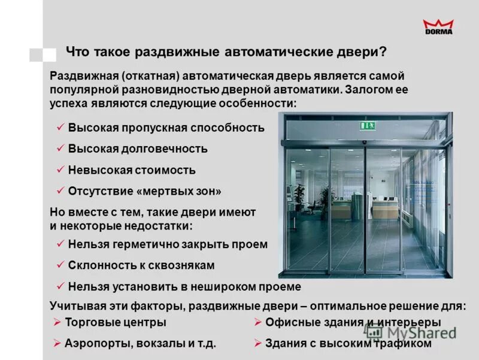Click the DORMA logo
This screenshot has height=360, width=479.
pos(438,26)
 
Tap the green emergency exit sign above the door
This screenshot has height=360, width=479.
pos(366,125)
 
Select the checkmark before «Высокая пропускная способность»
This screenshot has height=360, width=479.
pos(60,128)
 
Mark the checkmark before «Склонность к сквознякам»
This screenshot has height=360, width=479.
pos(60,265)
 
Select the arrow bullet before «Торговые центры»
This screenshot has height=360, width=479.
pos(57,322)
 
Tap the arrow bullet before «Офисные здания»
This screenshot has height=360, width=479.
pos(257,322)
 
